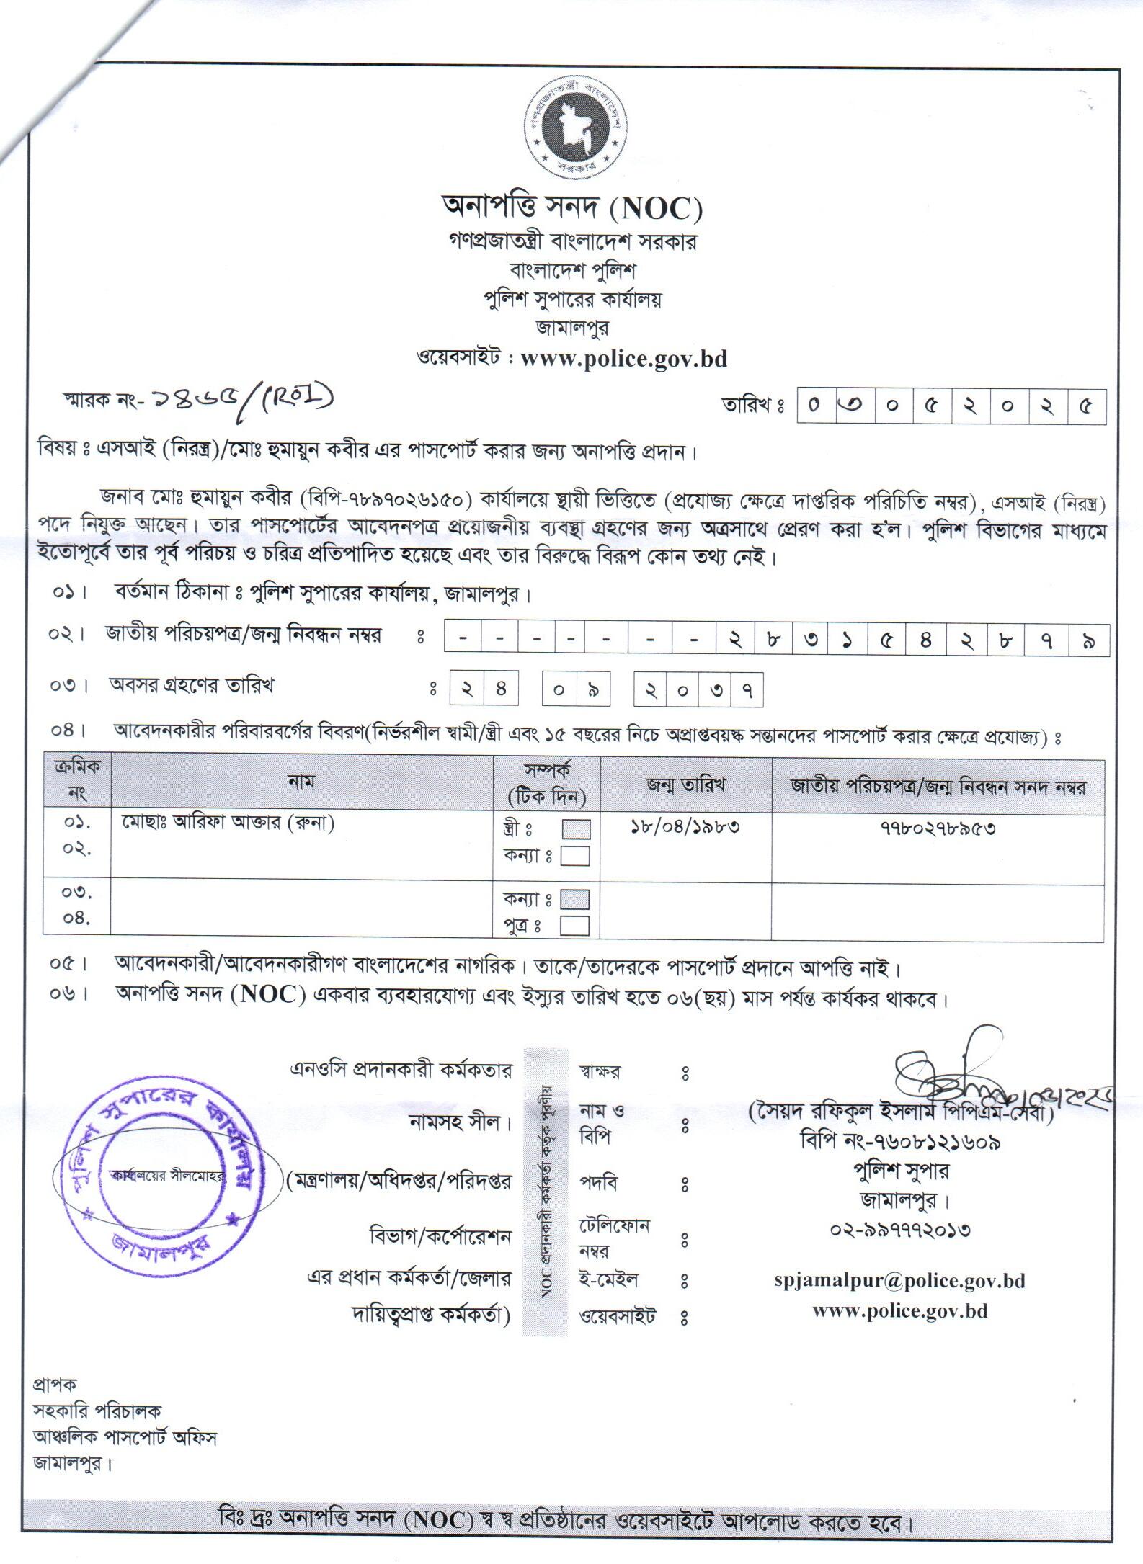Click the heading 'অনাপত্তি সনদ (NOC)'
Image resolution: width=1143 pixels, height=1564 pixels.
[x=571, y=209]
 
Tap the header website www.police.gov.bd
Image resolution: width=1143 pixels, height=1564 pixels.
[x=623, y=358]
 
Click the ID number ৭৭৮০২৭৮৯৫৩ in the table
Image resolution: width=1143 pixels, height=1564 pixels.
[x=938, y=828]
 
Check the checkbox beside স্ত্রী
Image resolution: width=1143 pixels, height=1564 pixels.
[x=575, y=829]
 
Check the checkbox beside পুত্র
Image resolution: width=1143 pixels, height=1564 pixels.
[x=574, y=926]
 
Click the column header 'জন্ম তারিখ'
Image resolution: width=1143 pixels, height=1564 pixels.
[x=685, y=785]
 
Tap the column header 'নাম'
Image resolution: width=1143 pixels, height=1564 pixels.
[x=301, y=781]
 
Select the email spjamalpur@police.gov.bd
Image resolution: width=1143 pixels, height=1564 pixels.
[x=899, y=1281]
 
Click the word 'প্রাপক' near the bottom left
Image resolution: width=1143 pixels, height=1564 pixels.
[x=55, y=1385]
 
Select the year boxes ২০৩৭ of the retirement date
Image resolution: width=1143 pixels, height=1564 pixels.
[x=698, y=690]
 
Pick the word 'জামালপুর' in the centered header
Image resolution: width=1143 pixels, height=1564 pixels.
[x=571, y=328]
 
